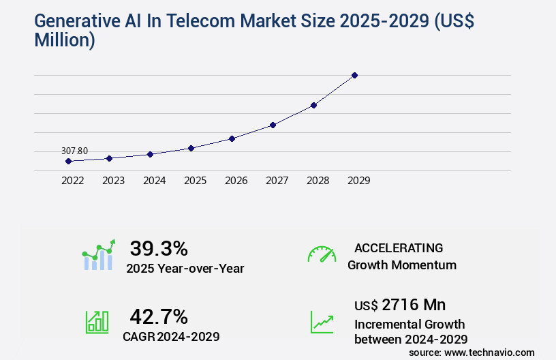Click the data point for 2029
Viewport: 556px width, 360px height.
point(354,75)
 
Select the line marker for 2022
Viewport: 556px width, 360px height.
point(68,162)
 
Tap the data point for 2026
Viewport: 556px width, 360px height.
point(232,138)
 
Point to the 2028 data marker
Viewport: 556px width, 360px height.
point(313,105)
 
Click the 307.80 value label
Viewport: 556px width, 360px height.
point(74,151)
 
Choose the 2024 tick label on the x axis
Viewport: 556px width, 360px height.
point(155,181)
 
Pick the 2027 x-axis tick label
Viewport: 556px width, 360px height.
point(277,181)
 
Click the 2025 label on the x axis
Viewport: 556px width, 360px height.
point(196,181)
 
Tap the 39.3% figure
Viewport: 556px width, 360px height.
point(159,248)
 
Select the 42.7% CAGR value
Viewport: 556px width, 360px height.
point(159,316)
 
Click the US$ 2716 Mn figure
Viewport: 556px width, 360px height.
point(400,305)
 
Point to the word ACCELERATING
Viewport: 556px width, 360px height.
point(399,248)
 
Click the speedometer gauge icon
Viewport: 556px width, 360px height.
point(322,254)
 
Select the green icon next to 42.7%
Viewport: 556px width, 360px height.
point(97,322)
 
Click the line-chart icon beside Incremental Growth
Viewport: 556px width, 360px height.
point(322,322)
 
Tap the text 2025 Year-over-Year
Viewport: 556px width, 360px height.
point(185,269)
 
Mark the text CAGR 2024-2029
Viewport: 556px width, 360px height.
point(171,336)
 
